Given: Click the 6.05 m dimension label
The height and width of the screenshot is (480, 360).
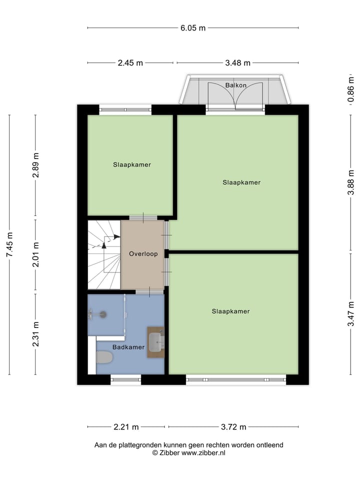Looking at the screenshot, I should pyautogui.click(x=193, y=28).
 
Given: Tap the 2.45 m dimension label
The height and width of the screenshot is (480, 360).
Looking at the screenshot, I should pyautogui.click(x=130, y=63).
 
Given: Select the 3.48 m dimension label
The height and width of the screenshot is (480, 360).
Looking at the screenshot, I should pyautogui.click(x=237, y=63).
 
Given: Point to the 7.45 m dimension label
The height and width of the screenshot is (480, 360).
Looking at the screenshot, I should pyautogui.click(x=9, y=245).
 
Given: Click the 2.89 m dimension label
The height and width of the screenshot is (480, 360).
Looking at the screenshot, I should pyautogui.click(x=35, y=167).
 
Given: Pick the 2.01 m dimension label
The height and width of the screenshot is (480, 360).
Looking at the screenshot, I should pyautogui.click(x=35, y=255).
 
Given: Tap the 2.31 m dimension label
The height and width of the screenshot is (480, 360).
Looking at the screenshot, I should pyautogui.click(x=35, y=333).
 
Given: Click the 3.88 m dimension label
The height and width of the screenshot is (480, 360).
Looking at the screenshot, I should pyautogui.click(x=351, y=182).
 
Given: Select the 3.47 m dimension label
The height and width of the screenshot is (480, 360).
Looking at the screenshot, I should pyautogui.click(x=351, y=312).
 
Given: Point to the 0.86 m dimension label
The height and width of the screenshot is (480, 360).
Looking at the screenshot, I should pyautogui.click(x=351, y=90).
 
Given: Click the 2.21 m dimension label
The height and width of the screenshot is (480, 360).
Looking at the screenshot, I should pyautogui.click(x=126, y=427).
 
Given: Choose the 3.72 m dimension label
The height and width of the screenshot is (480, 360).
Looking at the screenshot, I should pyautogui.click(x=233, y=427).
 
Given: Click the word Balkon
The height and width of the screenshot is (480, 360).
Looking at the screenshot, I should pyautogui.click(x=235, y=85).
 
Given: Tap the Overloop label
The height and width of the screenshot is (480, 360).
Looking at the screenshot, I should pyautogui.click(x=143, y=254).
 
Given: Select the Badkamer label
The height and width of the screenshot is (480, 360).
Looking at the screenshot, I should pyautogui.click(x=128, y=347).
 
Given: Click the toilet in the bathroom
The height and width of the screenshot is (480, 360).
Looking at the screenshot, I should pyautogui.click(x=104, y=357).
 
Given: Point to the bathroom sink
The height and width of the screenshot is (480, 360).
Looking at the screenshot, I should pyautogui.click(x=157, y=342).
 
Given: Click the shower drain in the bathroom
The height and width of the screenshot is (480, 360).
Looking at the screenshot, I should pyautogui.click(x=103, y=314).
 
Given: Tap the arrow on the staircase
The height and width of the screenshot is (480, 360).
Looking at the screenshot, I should pyautogui.click(x=104, y=244).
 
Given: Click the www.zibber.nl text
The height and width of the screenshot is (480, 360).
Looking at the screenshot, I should pyautogui.click(x=203, y=452).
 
